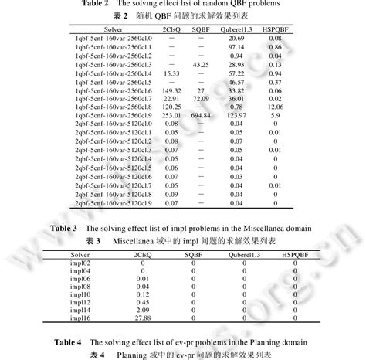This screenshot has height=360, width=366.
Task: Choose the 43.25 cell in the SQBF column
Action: point(201,65)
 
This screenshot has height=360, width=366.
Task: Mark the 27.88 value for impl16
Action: point(143,317)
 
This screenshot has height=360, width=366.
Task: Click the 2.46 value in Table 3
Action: point(143,309)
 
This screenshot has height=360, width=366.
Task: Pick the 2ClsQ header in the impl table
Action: point(143,254)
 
